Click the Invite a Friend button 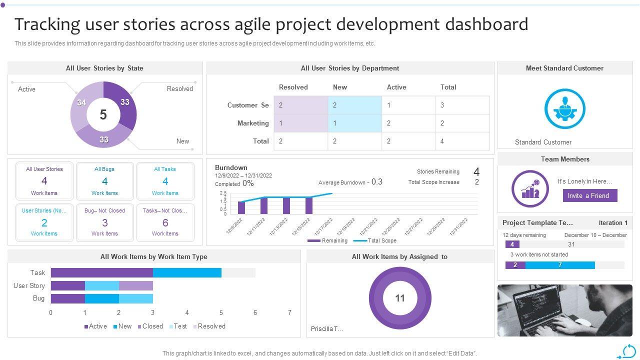coord(590,195)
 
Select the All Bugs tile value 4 coord(104,181)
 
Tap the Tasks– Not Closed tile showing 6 coord(165,222)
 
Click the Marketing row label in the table coord(253,123)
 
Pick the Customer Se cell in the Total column coord(462,105)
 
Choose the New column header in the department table coord(340,87)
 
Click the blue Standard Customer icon coord(564,108)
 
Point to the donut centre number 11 coord(400,298)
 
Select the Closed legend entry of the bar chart coord(150,326)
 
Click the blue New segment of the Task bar coord(187,272)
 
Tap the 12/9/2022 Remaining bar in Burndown coord(241,207)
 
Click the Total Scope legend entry coord(375,240)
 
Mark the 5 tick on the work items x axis coord(221,312)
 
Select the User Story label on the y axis coord(29,285)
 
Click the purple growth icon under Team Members coord(530,188)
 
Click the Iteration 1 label coord(613,223)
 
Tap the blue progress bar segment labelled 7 coord(560,265)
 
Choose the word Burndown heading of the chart coord(231,167)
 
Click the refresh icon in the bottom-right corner coord(628,351)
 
